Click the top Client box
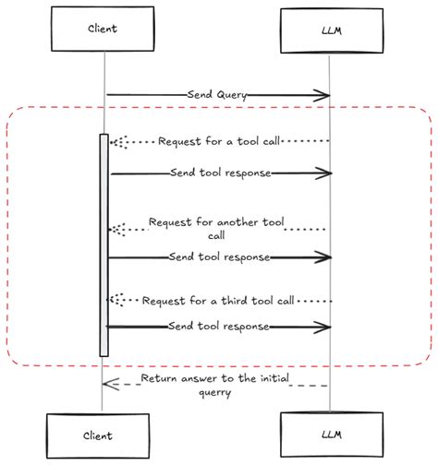[x=104, y=28]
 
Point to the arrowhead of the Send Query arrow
[x=326, y=94]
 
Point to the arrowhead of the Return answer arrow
[x=106, y=384]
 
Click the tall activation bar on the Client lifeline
[x=103, y=244]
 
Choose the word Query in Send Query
[x=230, y=94]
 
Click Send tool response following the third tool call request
[x=219, y=327]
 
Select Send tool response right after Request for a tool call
[x=220, y=173]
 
